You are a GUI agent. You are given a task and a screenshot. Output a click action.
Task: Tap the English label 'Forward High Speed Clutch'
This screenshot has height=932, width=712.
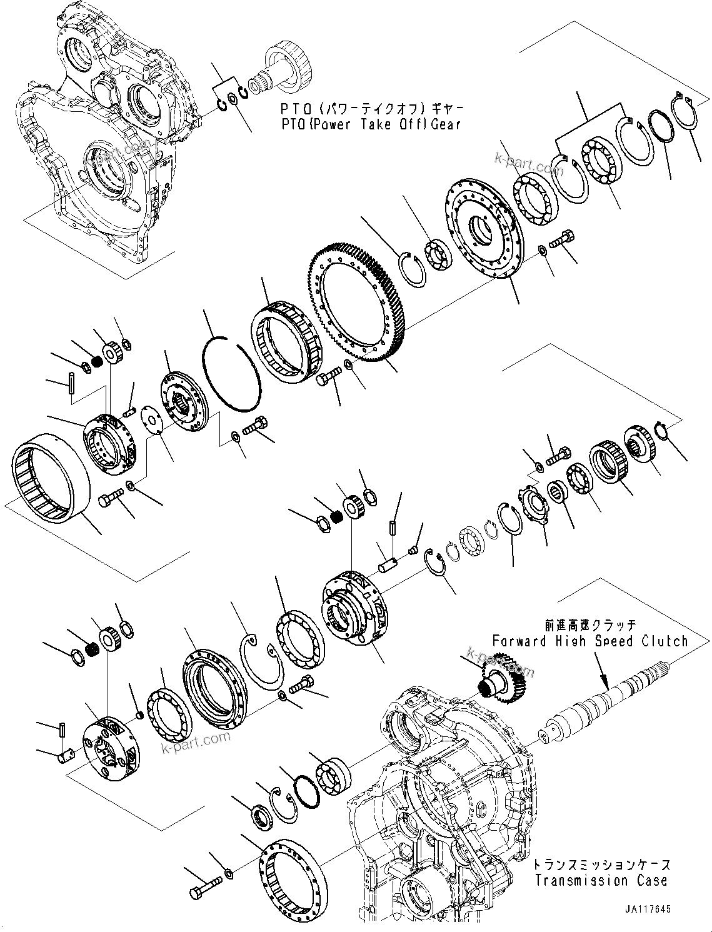tap(589, 641)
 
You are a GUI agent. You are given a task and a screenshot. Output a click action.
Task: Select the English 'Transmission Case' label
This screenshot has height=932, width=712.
tap(600, 881)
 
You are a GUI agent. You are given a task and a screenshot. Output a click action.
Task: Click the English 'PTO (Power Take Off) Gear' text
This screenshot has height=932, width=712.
tap(370, 124)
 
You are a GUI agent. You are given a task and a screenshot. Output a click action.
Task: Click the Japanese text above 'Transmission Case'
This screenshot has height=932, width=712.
tap(601, 865)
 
